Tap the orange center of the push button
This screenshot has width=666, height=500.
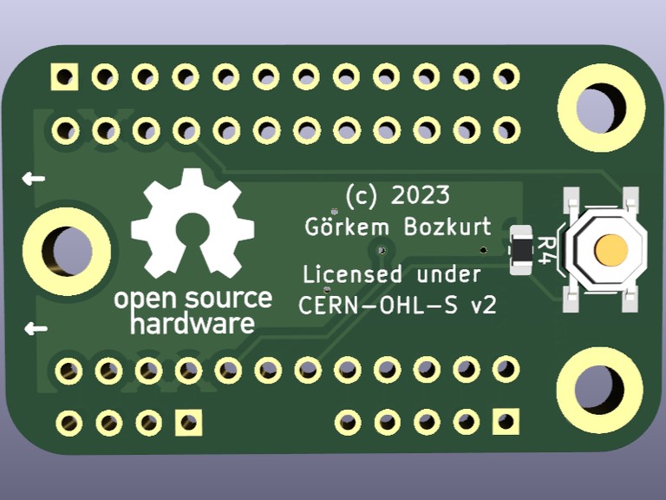[x=611, y=250]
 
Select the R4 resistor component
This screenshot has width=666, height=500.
[x=521, y=249]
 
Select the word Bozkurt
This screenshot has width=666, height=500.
[x=447, y=227]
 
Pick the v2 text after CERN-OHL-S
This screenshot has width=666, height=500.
[x=483, y=306]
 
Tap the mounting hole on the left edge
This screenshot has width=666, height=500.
[x=66, y=250]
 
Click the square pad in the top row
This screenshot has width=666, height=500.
[x=64, y=77]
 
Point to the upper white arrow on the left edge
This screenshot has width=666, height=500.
[x=34, y=180]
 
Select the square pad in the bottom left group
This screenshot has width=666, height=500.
[x=188, y=423]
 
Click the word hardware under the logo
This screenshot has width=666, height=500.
[x=192, y=326]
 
